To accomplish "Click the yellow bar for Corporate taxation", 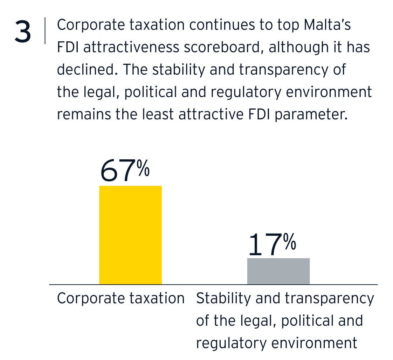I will [x=130, y=235].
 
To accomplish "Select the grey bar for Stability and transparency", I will [x=278, y=271].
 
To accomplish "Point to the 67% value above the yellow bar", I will [x=125, y=171].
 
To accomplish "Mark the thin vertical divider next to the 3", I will [x=45, y=31].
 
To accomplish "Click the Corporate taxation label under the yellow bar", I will [x=120, y=298].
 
